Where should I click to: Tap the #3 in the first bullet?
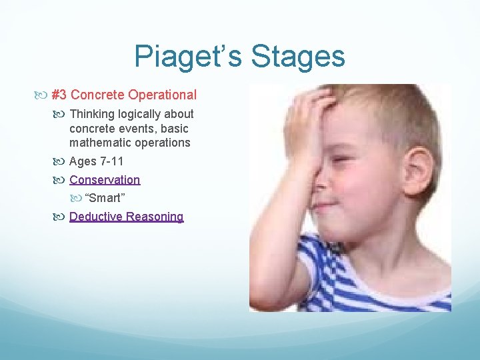(x=59, y=95)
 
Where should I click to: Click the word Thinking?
(x=93, y=114)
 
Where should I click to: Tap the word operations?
(x=163, y=143)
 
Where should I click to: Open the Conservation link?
(x=105, y=180)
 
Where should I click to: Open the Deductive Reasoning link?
(x=126, y=217)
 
